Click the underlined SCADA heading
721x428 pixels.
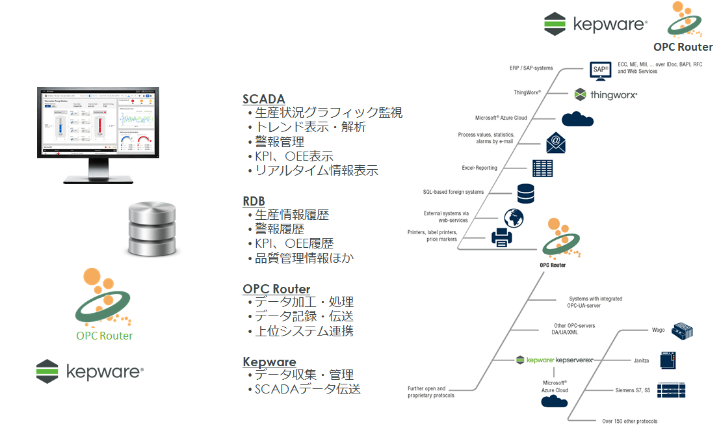263,100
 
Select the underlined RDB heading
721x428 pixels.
254,201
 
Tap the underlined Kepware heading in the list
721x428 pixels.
269,362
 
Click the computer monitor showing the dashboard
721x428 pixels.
96,133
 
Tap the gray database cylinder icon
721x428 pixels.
152,228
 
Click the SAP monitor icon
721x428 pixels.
600,70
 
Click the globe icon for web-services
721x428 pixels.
513,217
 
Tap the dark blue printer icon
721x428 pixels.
503,237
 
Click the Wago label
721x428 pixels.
658,330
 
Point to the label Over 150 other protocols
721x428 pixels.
629,421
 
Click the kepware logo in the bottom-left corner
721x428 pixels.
89,371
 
